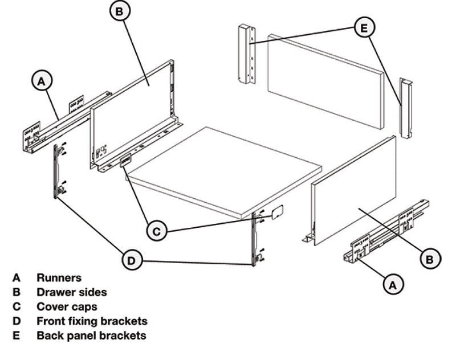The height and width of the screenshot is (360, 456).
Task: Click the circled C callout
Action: [x=157, y=231]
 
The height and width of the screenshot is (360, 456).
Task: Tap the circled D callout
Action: [x=132, y=260]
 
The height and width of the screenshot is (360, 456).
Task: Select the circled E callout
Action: [x=364, y=28]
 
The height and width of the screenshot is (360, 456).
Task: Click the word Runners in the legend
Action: [x=59, y=278]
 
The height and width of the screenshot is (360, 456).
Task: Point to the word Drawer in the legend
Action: [x=55, y=292]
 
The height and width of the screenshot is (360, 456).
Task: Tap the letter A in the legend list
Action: [x=17, y=278]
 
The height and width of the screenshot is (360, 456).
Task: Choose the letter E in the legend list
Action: [x=17, y=336]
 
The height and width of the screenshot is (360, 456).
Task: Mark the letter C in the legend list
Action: [x=17, y=306]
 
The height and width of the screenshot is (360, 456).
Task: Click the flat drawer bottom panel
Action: [x=224, y=171]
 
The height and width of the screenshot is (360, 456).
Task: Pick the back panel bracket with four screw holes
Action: [x=247, y=54]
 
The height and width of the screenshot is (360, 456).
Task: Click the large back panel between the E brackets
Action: [x=325, y=81]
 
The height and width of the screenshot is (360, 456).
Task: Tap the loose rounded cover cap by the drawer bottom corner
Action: [x=277, y=212]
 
